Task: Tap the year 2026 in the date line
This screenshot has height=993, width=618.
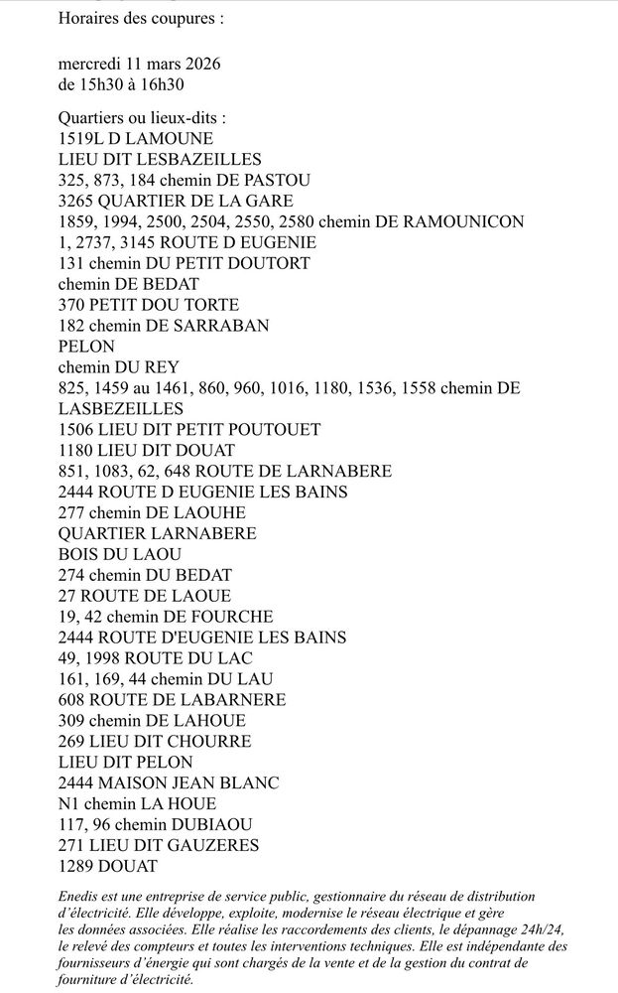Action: point(199,64)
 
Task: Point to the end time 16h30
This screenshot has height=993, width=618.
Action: point(163,84)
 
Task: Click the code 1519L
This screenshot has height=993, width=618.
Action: point(82,139)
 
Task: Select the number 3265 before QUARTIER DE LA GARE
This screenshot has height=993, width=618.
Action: point(77,201)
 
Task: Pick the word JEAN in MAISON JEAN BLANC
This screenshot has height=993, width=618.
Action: point(195,782)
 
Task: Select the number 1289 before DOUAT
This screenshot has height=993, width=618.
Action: point(77,866)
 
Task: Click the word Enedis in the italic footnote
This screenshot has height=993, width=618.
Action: point(79,896)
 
